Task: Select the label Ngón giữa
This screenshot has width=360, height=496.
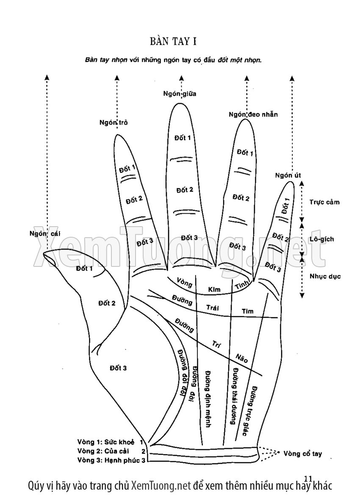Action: (x=180, y=94)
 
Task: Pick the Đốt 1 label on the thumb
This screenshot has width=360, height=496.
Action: (x=84, y=268)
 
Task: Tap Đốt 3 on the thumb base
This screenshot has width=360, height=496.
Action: (x=118, y=368)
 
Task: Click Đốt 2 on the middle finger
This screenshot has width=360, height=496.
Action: (x=185, y=189)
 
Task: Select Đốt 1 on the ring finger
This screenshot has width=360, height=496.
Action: (x=245, y=152)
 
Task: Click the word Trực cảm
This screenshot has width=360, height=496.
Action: (x=324, y=202)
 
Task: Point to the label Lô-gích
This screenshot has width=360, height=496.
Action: (x=321, y=239)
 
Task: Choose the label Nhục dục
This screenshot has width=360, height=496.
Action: (x=325, y=276)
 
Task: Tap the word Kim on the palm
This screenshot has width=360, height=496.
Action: (x=215, y=290)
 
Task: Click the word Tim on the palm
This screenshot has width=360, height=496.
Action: (x=248, y=311)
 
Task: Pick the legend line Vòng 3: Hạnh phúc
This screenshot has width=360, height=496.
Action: (x=111, y=460)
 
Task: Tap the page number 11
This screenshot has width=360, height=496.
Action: (x=308, y=479)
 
